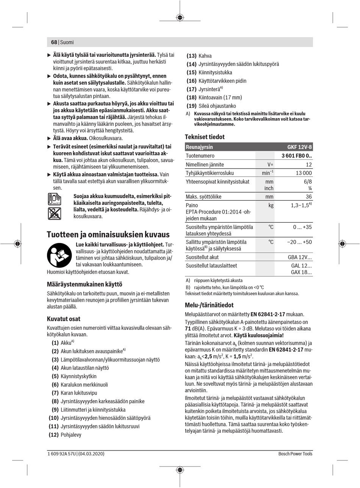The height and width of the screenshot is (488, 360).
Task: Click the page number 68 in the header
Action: coord(53,42)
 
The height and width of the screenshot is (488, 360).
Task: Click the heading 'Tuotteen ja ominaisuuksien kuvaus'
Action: coord(108,234)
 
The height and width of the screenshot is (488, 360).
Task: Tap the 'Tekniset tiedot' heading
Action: coord(205,137)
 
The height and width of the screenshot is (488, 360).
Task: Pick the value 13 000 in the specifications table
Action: coord(304,173)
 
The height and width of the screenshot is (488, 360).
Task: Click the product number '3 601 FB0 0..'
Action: coord(296,156)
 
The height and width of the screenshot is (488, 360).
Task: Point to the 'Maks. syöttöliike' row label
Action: coord(203,196)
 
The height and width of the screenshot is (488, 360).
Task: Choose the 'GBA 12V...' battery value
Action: coord(300,257)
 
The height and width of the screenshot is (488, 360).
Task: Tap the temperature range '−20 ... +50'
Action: coord(299,242)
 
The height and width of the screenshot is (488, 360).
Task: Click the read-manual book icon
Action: coord(59,255)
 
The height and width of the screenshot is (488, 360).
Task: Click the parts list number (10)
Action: coord(53,418)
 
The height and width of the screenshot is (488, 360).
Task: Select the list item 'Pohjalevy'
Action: coord(71,435)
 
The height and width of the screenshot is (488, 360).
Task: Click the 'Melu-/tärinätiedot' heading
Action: coord(209,305)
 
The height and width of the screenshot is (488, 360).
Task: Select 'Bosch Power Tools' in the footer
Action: coord(295,454)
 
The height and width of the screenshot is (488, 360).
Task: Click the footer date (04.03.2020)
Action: coord(91,454)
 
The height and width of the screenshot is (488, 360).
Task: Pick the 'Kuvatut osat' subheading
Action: coord(63,319)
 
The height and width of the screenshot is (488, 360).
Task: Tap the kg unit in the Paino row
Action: coord(271,205)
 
